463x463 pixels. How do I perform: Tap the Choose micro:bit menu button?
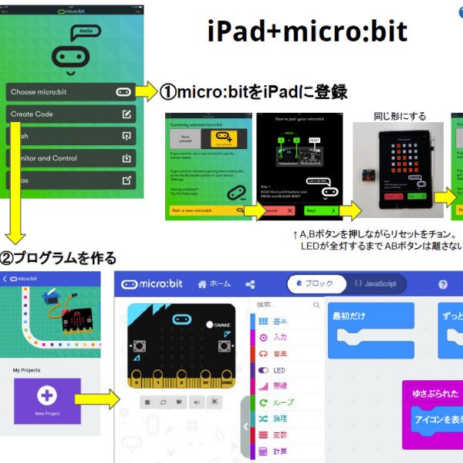tap(71, 91)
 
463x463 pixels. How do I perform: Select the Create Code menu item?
tap(71, 114)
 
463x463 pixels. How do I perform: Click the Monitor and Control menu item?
tap(71, 158)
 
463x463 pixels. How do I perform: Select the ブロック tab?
tap(315, 284)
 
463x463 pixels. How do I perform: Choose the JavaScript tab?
tap(375, 284)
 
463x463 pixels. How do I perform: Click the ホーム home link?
tap(214, 284)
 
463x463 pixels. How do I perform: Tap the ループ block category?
tap(282, 402)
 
